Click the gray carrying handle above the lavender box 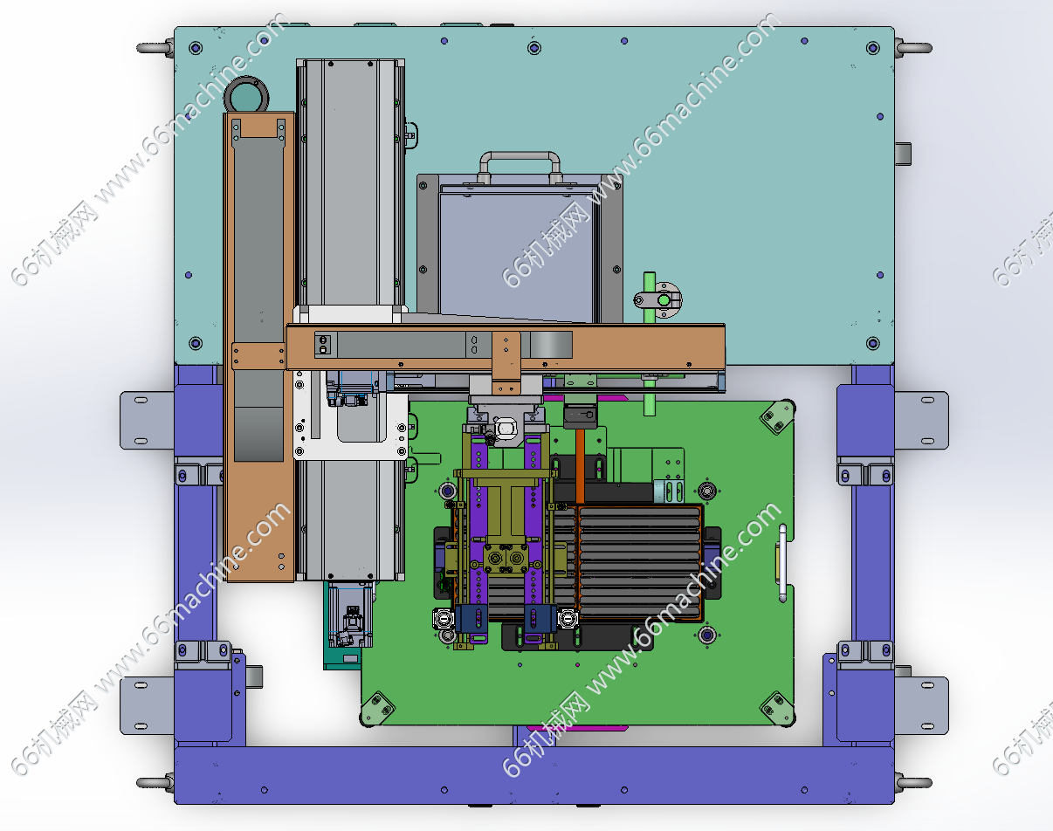point(520,155)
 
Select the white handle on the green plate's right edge point(782,563)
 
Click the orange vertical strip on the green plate point(580,466)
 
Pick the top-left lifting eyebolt point(155,48)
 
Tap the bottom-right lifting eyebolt point(914,783)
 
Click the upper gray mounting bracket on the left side point(147,420)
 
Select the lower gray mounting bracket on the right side point(921,705)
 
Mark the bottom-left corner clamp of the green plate point(377,707)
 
